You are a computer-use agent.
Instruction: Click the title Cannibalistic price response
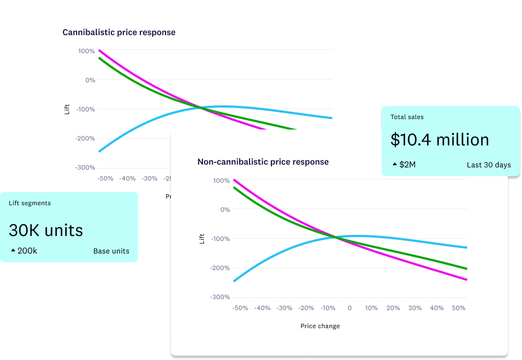coord(119,32)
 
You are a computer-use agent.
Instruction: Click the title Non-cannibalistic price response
coord(263,162)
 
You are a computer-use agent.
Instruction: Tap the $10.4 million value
coord(440,140)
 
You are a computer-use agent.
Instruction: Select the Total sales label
coord(407,117)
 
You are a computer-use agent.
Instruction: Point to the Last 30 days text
coord(489,165)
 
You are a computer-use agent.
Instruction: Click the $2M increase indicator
coord(404,165)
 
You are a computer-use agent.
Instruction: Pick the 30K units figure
coord(46,230)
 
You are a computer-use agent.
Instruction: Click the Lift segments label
coord(30,203)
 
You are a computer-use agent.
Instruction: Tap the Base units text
coord(111,251)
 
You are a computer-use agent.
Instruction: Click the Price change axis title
coord(320,326)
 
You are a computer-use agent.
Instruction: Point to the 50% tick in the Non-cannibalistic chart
coord(459,308)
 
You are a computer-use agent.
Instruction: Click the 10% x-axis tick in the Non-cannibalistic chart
coord(371,308)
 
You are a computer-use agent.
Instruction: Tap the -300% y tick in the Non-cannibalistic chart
coord(220,297)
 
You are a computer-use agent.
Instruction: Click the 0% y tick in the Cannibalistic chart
coord(89,80)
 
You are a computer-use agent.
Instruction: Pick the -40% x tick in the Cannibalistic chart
coord(127,178)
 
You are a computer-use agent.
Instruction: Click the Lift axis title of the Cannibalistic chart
coord(67,109)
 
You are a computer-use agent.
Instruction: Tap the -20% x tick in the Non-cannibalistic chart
coord(306,308)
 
